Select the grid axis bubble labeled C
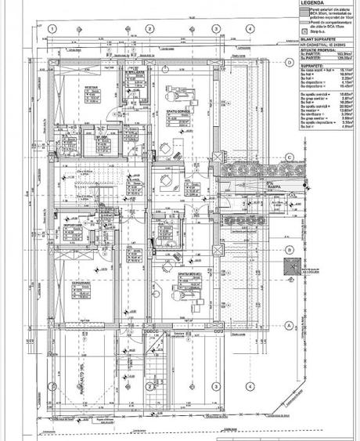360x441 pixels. pos(289,158)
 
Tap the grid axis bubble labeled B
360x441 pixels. pos(289,251)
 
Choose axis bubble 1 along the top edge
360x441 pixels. pos(52,29)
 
